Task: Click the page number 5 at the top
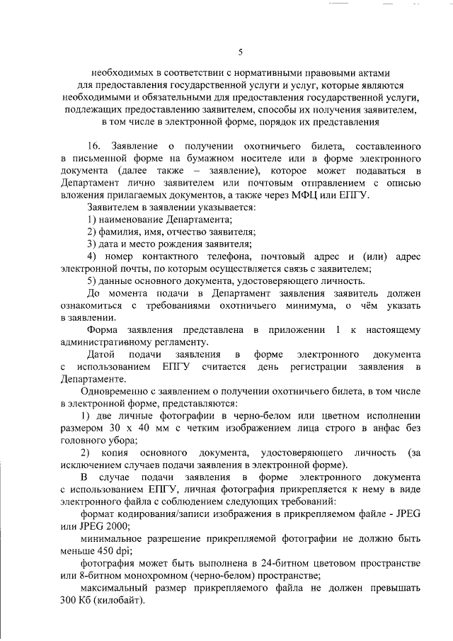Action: point(240,51)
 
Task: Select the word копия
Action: point(130,452)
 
